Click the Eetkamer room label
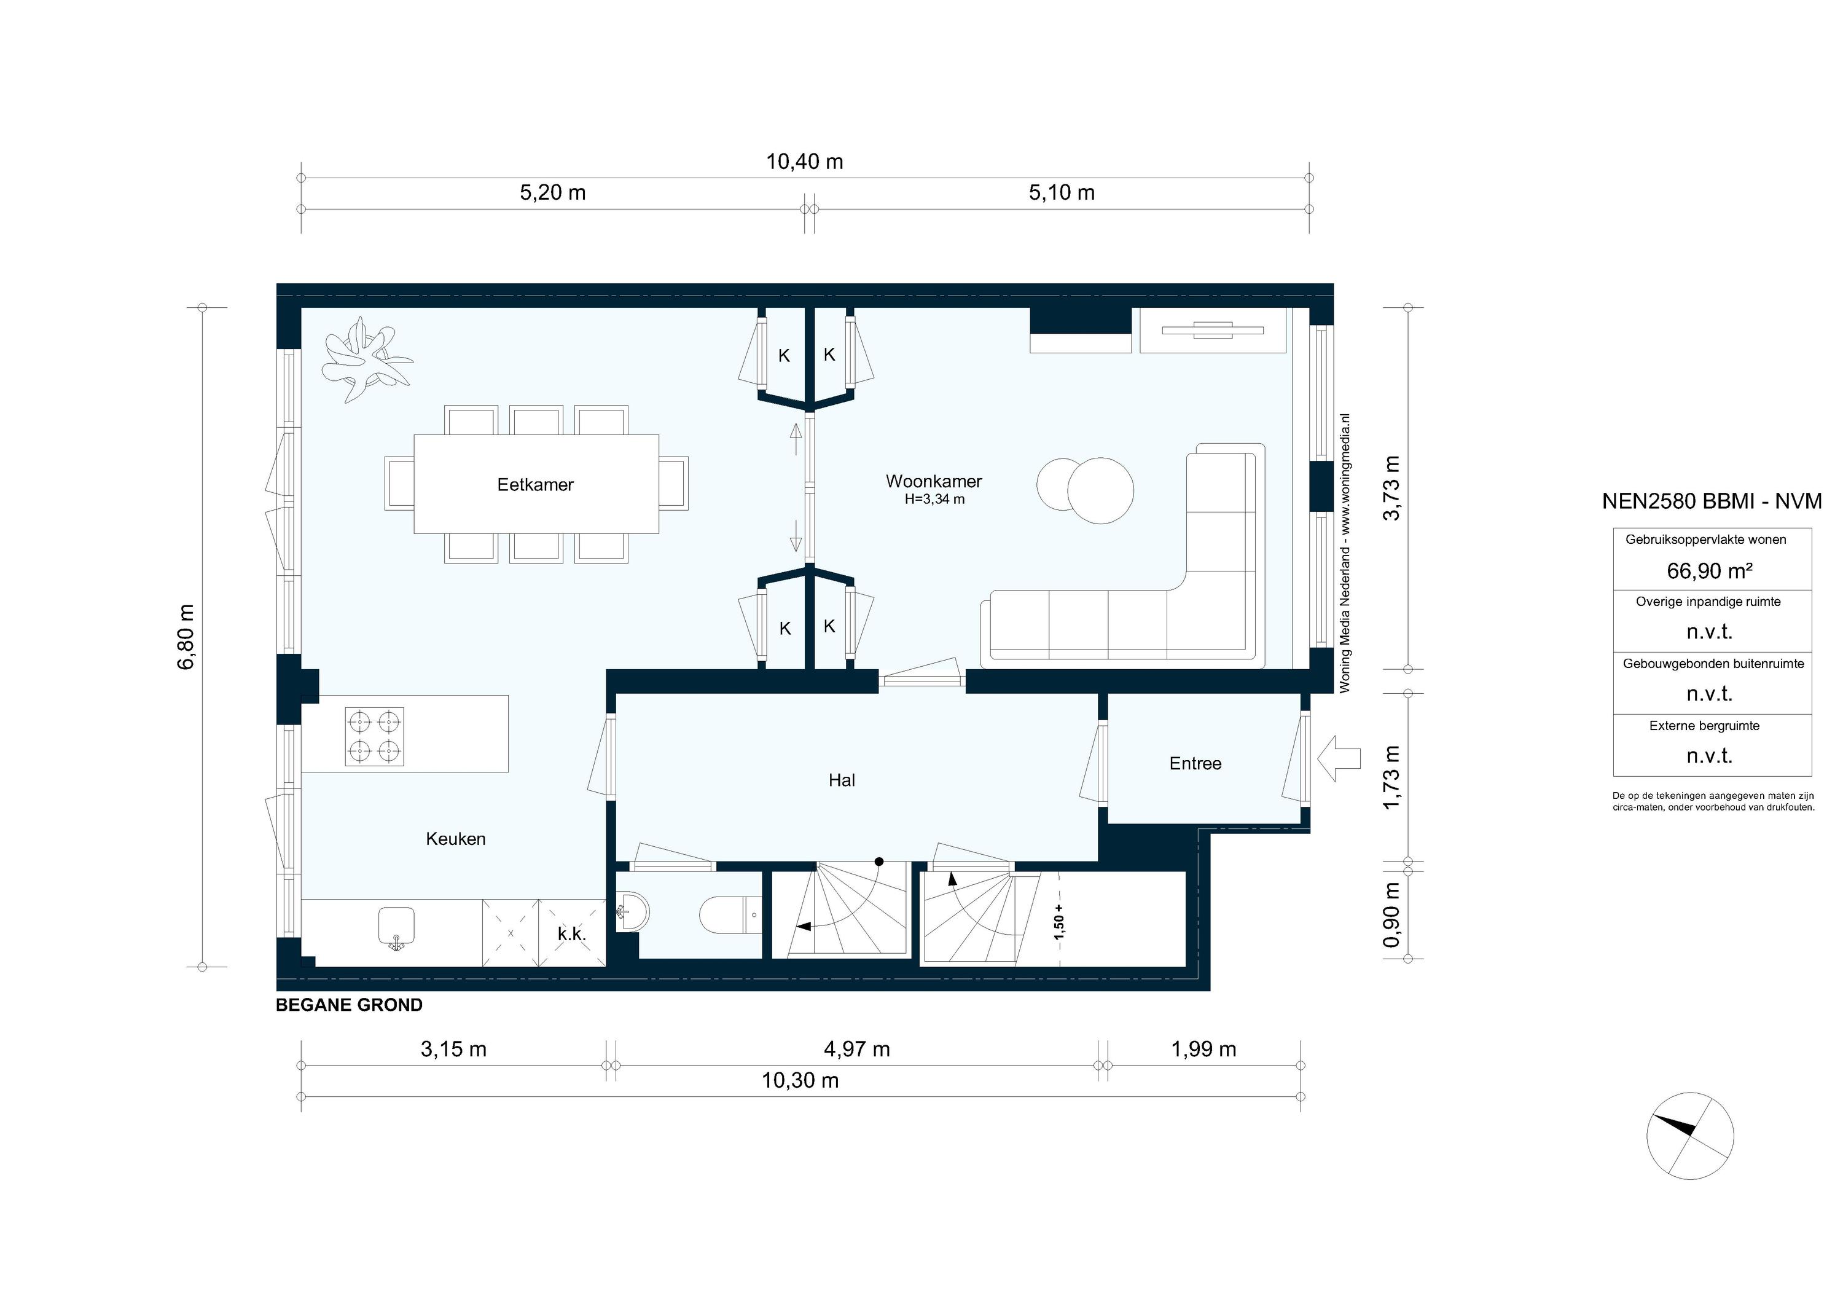point(536,485)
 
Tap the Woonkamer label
point(934,481)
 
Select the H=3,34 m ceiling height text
point(934,500)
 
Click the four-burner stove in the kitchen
point(374,736)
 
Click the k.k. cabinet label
point(571,934)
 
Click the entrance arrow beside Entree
point(1339,759)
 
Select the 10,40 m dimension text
point(804,162)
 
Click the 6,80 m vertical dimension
point(186,637)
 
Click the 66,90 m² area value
point(1709,571)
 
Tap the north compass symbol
point(1689,1136)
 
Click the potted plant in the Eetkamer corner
point(366,358)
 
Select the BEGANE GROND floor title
point(349,1005)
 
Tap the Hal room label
point(841,780)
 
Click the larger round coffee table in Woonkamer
point(1100,490)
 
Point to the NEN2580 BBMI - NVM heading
point(1712,501)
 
